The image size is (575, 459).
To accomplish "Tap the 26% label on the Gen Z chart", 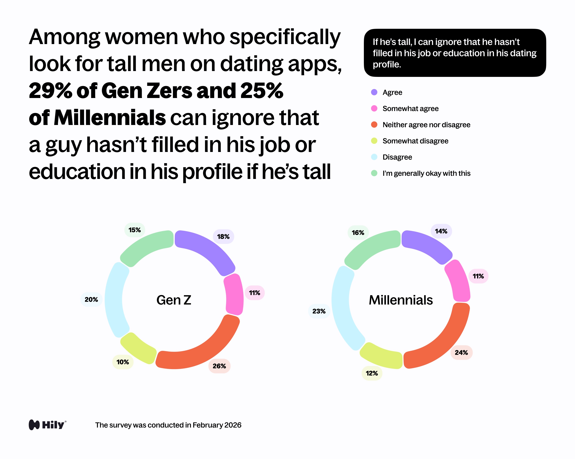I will (x=219, y=366).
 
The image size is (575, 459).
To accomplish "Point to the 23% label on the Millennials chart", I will (x=319, y=311).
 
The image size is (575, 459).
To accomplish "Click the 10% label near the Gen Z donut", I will (x=123, y=362).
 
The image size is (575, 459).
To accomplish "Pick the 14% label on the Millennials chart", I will (x=441, y=231).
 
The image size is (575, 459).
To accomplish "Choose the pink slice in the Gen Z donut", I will (x=234, y=294).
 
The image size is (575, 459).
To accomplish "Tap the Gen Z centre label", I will (x=174, y=300).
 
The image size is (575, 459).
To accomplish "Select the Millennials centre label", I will (x=400, y=300).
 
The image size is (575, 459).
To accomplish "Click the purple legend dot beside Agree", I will (x=374, y=92).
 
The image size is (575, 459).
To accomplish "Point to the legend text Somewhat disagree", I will (x=415, y=141).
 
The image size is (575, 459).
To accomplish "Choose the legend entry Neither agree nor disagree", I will (x=426, y=125).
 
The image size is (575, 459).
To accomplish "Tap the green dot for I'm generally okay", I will (x=374, y=173).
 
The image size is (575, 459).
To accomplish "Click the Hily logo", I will (x=47, y=425).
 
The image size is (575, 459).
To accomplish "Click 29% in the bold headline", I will (x=50, y=91).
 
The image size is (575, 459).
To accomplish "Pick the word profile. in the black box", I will (x=387, y=65).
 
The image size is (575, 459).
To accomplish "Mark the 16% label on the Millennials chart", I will (x=358, y=233).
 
